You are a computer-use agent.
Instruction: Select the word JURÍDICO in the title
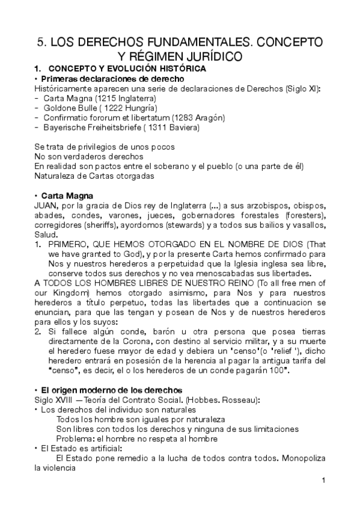213,57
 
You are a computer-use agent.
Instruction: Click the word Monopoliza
302,458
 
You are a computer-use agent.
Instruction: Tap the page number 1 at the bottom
323,481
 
